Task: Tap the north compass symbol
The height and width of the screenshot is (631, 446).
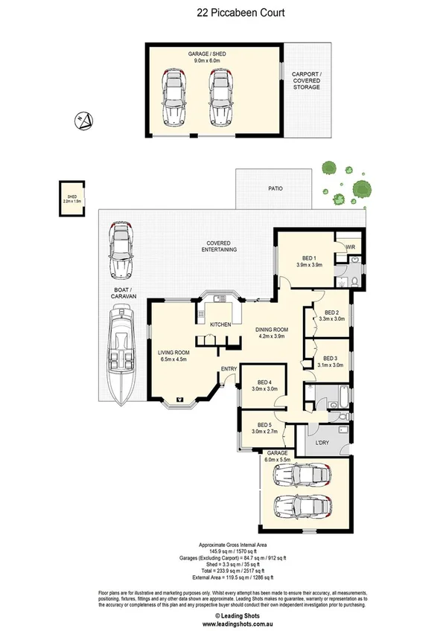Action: click(84, 118)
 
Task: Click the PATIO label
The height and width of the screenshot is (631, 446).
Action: click(275, 190)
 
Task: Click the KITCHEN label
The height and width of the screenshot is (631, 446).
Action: click(220, 325)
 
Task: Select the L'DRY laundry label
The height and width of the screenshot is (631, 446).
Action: click(322, 443)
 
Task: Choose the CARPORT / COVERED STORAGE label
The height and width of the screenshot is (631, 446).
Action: click(306, 81)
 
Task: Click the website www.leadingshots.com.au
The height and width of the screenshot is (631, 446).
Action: click(223, 624)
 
